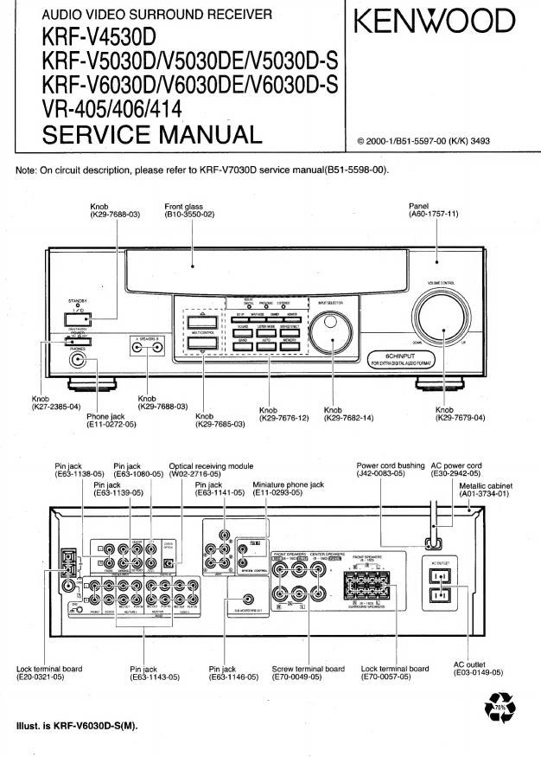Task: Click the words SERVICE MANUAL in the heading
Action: pyautogui.click(x=151, y=134)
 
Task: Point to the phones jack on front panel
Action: pyautogui.click(x=80, y=362)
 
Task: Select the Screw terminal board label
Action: pyautogui.click(x=308, y=668)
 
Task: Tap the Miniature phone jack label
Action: pyautogui.click(x=288, y=484)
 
